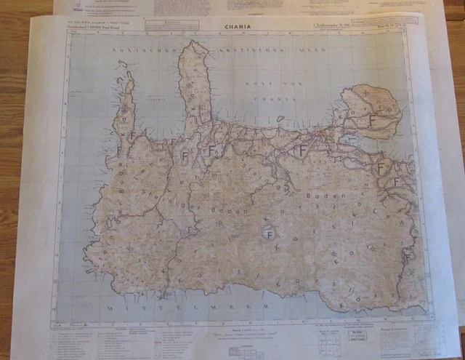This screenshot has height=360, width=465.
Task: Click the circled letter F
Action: click(x=270, y=235)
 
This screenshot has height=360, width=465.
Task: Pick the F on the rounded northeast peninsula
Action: click(x=372, y=119)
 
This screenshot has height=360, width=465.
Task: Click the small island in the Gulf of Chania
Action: click(x=280, y=119)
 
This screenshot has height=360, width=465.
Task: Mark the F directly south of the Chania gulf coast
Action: click(x=303, y=150)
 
